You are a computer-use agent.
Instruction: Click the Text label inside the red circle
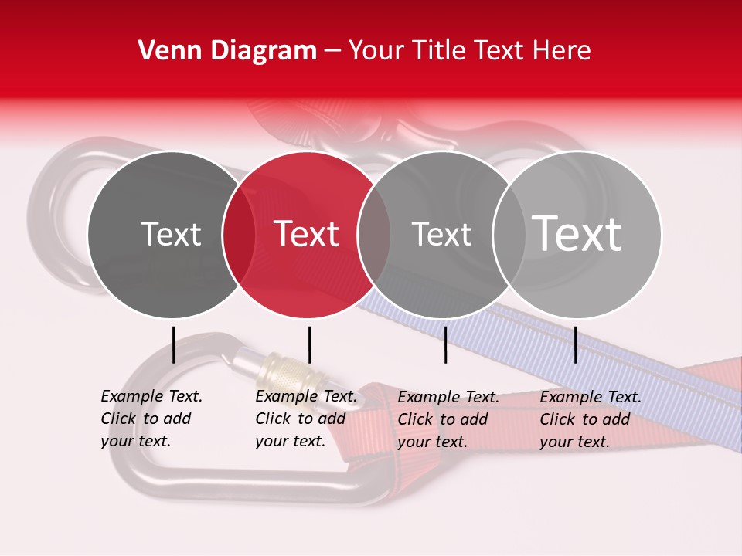tap(307, 234)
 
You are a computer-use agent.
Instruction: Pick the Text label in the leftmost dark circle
tap(171, 234)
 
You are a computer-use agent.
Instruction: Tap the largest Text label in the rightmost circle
tap(577, 233)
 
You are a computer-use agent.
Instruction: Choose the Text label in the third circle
tap(442, 234)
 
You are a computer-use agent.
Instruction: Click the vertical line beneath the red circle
tap(309, 344)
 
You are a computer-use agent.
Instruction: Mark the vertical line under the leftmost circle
tap(173, 344)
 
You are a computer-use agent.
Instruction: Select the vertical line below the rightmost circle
tap(575, 344)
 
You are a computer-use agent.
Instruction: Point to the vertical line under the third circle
tap(445, 344)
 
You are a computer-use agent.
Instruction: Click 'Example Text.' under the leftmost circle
tap(151, 396)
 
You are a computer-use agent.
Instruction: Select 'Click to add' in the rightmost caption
tap(585, 419)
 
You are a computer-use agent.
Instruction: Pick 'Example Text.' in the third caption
tap(448, 397)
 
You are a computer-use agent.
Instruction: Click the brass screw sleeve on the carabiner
tap(282, 374)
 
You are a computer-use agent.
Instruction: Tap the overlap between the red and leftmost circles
tap(238, 234)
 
